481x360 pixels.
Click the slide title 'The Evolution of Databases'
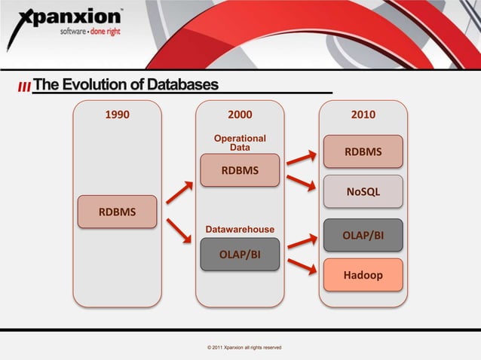click(x=125, y=84)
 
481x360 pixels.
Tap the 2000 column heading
click(x=240, y=115)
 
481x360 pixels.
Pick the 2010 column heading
click(x=363, y=115)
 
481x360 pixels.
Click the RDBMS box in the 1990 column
click(x=117, y=211)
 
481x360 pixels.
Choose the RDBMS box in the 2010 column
click(x=363, y=152)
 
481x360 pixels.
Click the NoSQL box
click(x=363, y=192)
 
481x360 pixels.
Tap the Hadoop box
click(x=363, y=275)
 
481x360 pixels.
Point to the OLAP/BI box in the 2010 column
click(x=363, y=235)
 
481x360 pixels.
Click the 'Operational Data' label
click(x=240, y=143)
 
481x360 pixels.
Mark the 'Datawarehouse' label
click(x=240, y=228)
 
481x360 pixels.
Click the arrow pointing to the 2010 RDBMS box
click(x=302, y=157)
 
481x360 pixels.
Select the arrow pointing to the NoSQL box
click(x=302, y=185)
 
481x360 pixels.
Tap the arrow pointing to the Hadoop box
click(x=302, y=267)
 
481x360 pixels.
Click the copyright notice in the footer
click(x=239, y=347)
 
